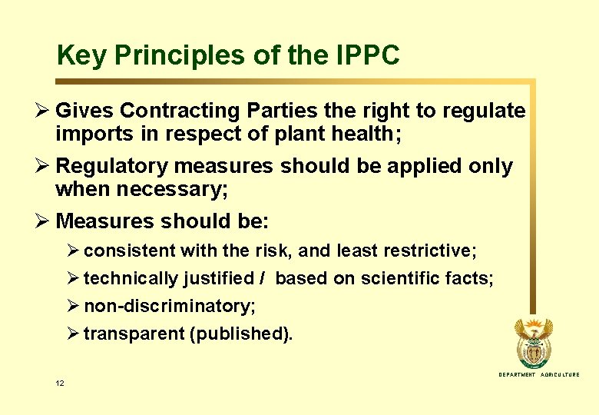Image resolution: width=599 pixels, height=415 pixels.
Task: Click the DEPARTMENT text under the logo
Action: (x=517, y=374)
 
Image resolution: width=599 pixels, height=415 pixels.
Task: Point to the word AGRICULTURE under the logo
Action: (x=560, y=374)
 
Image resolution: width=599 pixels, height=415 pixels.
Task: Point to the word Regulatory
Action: (x=111, y=166)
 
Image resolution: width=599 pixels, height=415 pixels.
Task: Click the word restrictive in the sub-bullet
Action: (x=435, y=251)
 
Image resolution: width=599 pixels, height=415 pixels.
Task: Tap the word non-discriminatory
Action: (x=169, y=306)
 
